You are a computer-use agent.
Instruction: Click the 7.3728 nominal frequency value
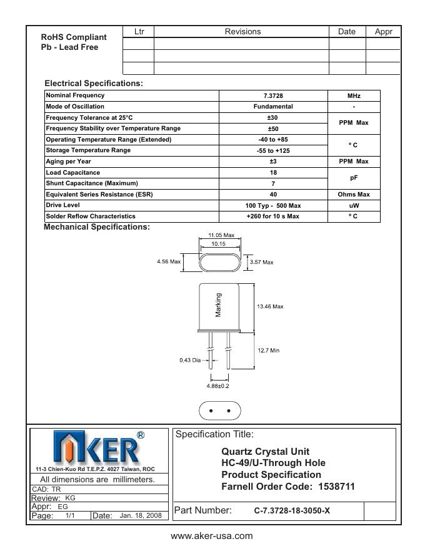273,95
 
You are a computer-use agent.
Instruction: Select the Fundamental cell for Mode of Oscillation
273,107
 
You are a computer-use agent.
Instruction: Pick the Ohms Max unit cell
354,194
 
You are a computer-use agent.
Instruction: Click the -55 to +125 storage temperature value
273,150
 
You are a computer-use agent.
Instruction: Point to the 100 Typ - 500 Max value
273,205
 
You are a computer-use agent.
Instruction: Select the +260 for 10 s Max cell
273,216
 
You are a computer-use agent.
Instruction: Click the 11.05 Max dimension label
221,235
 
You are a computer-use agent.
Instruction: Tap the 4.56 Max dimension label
168,262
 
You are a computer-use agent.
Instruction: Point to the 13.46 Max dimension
270,306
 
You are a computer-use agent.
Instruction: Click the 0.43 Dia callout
191,360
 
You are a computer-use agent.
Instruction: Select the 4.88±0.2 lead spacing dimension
217,386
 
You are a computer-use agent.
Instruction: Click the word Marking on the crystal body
219,305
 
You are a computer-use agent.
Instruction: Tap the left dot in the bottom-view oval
211,411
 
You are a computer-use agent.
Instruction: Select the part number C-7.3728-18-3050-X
292,511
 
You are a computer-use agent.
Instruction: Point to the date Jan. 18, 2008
140,516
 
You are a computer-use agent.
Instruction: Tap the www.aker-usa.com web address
212,536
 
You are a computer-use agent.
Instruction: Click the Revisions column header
242,32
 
